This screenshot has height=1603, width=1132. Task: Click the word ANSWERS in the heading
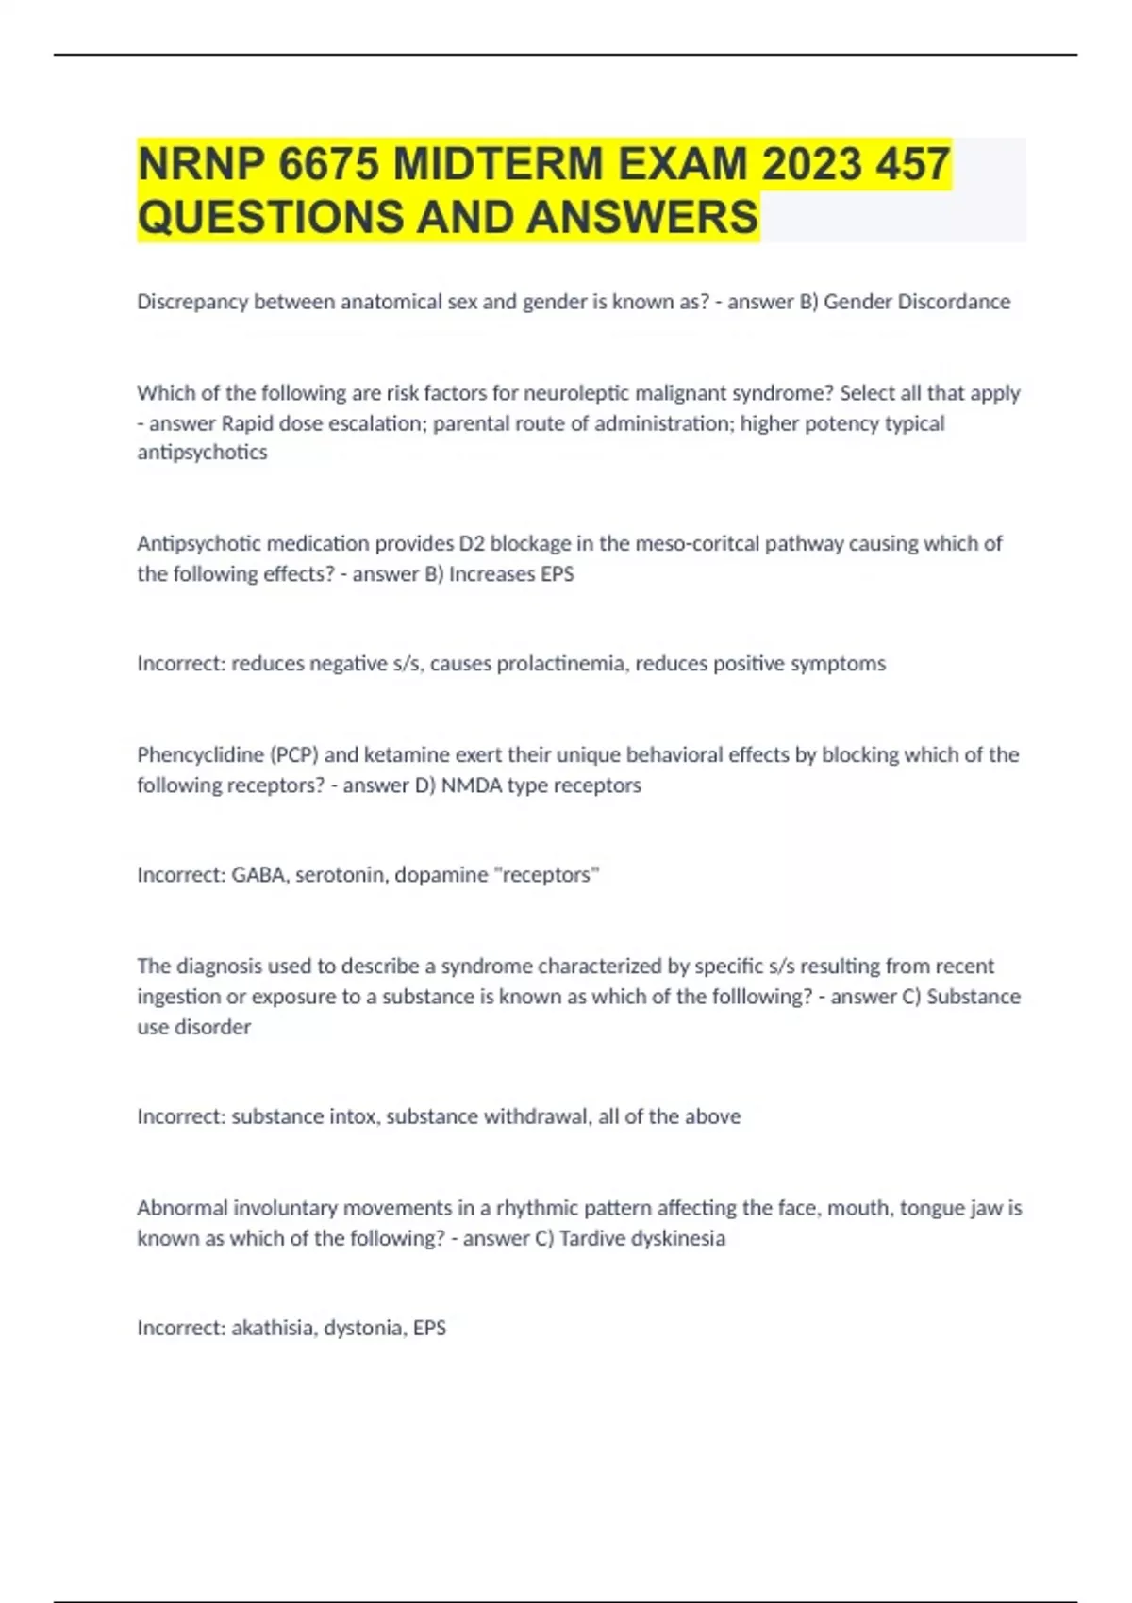[641, 217]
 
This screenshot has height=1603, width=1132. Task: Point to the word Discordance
[954, 302]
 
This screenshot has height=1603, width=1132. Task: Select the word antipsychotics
[202, 453]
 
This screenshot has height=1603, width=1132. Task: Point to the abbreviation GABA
[258, 875]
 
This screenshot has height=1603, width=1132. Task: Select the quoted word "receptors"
[547, 875]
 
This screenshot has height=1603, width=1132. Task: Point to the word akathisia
[272, 1328]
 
